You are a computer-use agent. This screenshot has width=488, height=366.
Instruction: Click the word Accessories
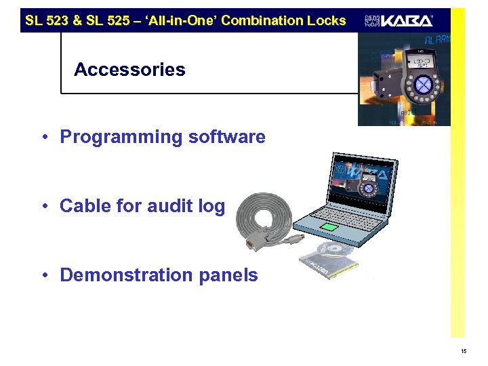coord(129,70)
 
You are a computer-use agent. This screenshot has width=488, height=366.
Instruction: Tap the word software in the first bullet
coord(229,137)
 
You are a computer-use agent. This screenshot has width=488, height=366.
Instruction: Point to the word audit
coord(169,206)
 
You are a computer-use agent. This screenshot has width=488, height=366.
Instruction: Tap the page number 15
coord(464,351)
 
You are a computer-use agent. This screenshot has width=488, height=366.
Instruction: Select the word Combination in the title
coord(264,20)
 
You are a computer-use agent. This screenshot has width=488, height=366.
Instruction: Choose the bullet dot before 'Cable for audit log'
coord(43,206)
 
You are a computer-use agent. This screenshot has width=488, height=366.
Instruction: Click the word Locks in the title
coord(326,20)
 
